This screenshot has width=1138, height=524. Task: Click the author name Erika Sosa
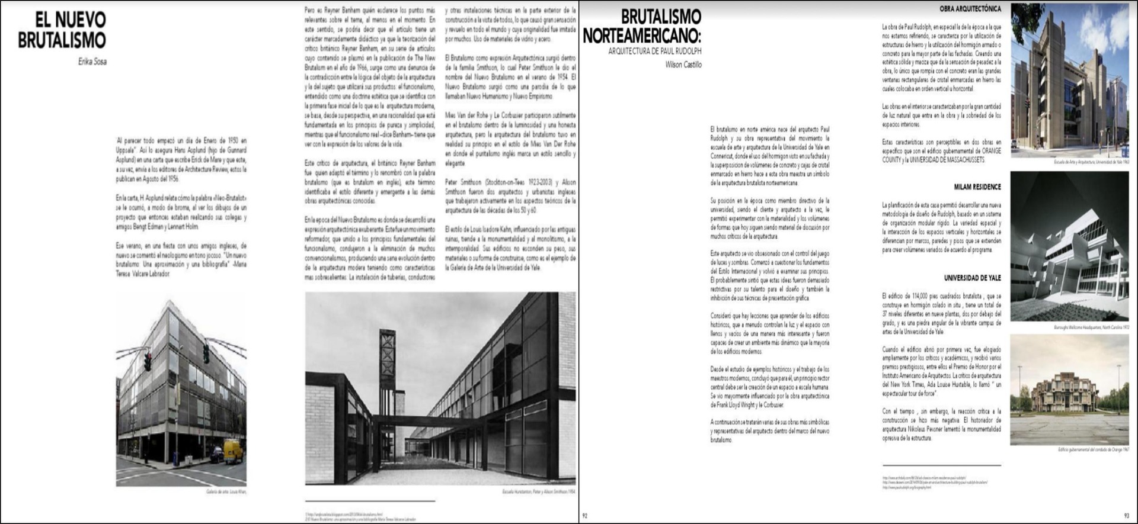pyautogui.click(x=92, y=62)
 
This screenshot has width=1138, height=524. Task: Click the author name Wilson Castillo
pyautogui.click(x=683, y=65)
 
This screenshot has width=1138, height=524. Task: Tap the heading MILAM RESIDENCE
pyautogui.click(x=977, y=187)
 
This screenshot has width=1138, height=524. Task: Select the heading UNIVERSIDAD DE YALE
pyautogui.click(x=972, y=278)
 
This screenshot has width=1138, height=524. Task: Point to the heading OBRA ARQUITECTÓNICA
pyautogui.click(x=970, y=9)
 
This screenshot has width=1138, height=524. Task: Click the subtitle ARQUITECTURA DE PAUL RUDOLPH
pyautogui.click(x=654, y=52)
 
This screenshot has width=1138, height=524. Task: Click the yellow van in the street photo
pyautogui.click(x=234, y=452)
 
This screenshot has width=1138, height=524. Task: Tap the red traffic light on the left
pyautogui.click(x=148, y=359)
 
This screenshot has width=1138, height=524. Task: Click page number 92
pyautogui.click(x=585, y=516)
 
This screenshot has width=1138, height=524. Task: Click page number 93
pyautogui.click(x=1126, y=516)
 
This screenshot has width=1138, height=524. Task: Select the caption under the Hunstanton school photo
pyautogui.click(x=538, y=492)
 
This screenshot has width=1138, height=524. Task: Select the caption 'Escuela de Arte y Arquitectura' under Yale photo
pyautogui.click(x=1091, y=162)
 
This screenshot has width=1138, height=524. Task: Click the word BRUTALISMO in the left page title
pyautogui.click(x=62, y=40)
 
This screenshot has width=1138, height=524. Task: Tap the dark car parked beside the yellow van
pyautogui.click(x=217, y=455)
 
